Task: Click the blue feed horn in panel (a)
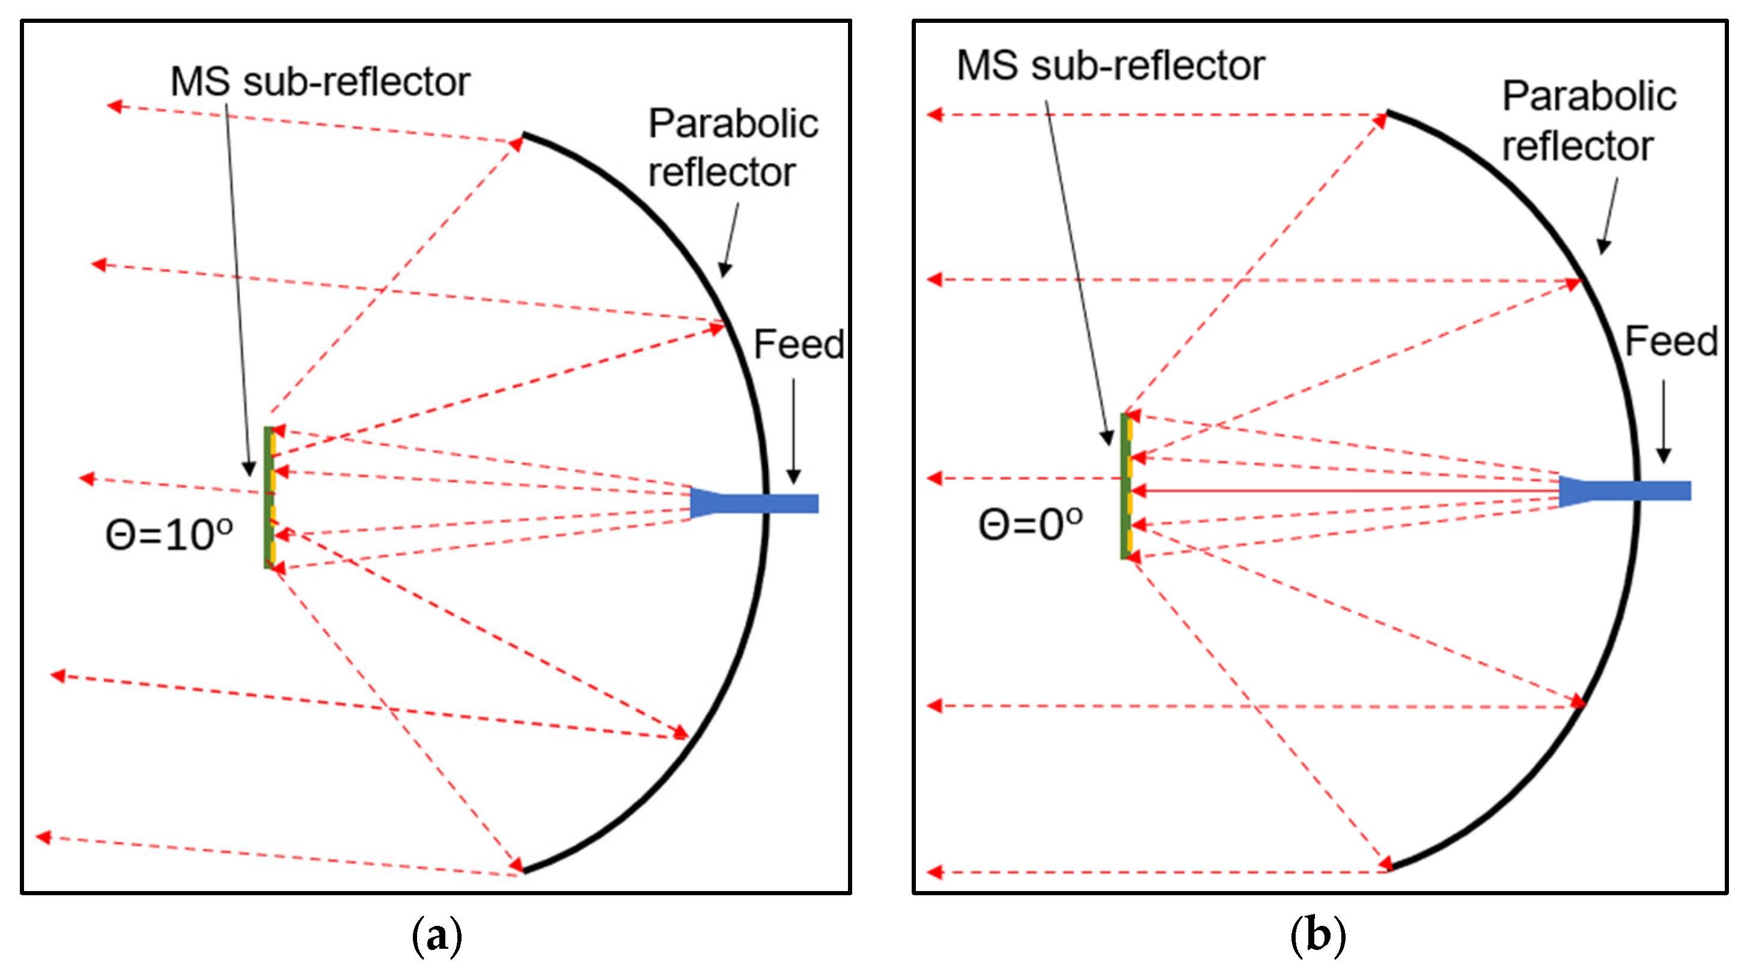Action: click(x=753, y=503)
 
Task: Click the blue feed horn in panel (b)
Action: click(x=1624, y=490)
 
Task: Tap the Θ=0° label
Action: click(x=1030, y=524)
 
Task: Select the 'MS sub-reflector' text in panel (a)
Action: click(x=320, y=82)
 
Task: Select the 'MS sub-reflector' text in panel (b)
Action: click(x=1110, y=66)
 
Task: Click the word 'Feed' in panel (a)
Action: click(x=798, y=344)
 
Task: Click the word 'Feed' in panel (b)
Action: click(x=1670, y=341)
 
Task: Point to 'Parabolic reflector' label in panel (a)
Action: click(x=733, y=147)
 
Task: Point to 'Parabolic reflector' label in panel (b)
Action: click(x=1588, y=120)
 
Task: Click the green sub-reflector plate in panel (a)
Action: click(x=268, y=497)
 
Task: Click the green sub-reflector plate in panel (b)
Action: click(x=1124, y=486)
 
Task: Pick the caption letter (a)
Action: click(x=437, y=936)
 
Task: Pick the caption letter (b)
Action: click(x=1318, y=936)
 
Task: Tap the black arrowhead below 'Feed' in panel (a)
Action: click(x=793, y=476)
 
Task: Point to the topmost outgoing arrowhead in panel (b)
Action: click(x=934, y=114)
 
